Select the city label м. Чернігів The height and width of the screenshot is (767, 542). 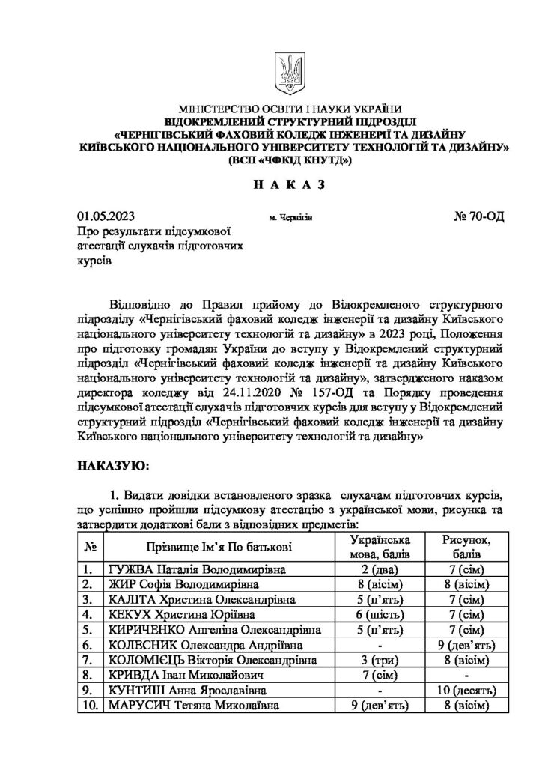pyautogui.click(x=290, y=218)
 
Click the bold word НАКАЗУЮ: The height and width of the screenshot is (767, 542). pyautogui.click(x=113, y=466)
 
